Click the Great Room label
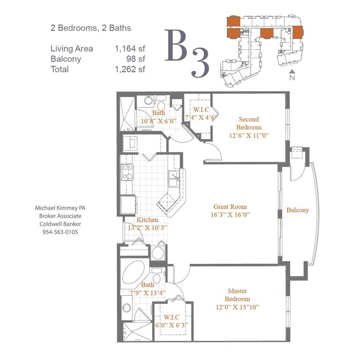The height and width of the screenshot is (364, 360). click(230, 207)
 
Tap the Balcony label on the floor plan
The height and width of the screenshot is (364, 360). click(297, 210)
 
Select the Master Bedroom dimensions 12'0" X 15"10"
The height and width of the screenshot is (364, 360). click(237, 307)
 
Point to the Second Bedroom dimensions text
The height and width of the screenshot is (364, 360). click(249, 135)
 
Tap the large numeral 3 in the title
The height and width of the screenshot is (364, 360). click(200, 63)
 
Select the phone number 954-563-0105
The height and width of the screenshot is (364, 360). click(60, 232)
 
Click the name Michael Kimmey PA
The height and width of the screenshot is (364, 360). click(60, 208)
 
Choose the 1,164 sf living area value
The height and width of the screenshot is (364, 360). click(130, 49)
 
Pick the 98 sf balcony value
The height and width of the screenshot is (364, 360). click(136, 59)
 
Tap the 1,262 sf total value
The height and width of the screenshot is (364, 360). click(130, 69)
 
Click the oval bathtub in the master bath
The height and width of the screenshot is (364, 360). click(134, 272)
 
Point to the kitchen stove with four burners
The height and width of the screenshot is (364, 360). click(127, 172)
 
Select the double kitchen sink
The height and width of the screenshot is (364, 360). click(174, 179)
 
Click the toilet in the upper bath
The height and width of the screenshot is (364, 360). click(161, 105)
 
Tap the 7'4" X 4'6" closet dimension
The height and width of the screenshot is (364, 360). click(201, 118)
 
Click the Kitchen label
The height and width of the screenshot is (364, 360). click(147, 220)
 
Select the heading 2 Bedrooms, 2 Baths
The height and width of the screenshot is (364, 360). click(91, 28)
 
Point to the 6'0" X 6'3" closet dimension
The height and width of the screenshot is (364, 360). click(171, 325)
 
